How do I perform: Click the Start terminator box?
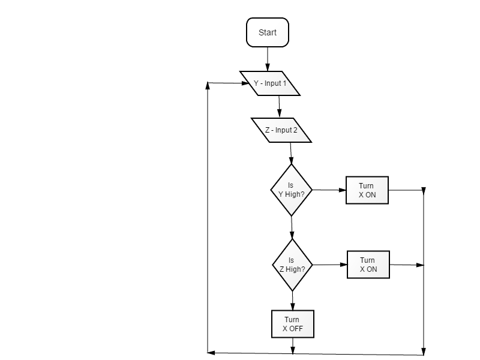268,32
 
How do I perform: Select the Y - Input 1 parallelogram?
269,83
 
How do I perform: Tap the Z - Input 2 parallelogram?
281,130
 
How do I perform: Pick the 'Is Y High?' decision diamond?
292,190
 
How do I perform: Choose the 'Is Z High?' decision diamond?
292,265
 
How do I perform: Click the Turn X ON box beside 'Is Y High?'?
367,190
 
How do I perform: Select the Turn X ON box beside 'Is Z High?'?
368,265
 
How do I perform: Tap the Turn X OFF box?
293,324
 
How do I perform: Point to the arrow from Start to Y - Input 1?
268,59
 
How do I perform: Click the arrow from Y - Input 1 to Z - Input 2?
279,107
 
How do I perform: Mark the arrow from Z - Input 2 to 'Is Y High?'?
291,154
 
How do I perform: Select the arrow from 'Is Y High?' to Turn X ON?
329,190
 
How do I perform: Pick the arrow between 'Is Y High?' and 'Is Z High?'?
292,227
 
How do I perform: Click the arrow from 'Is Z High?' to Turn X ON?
330,265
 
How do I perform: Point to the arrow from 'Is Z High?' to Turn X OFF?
292,301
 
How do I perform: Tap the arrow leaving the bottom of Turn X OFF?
293,346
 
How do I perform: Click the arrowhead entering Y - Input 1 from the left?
245,83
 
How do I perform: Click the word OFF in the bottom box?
296,329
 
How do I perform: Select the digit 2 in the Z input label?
295,130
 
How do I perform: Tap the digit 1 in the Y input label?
284,83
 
